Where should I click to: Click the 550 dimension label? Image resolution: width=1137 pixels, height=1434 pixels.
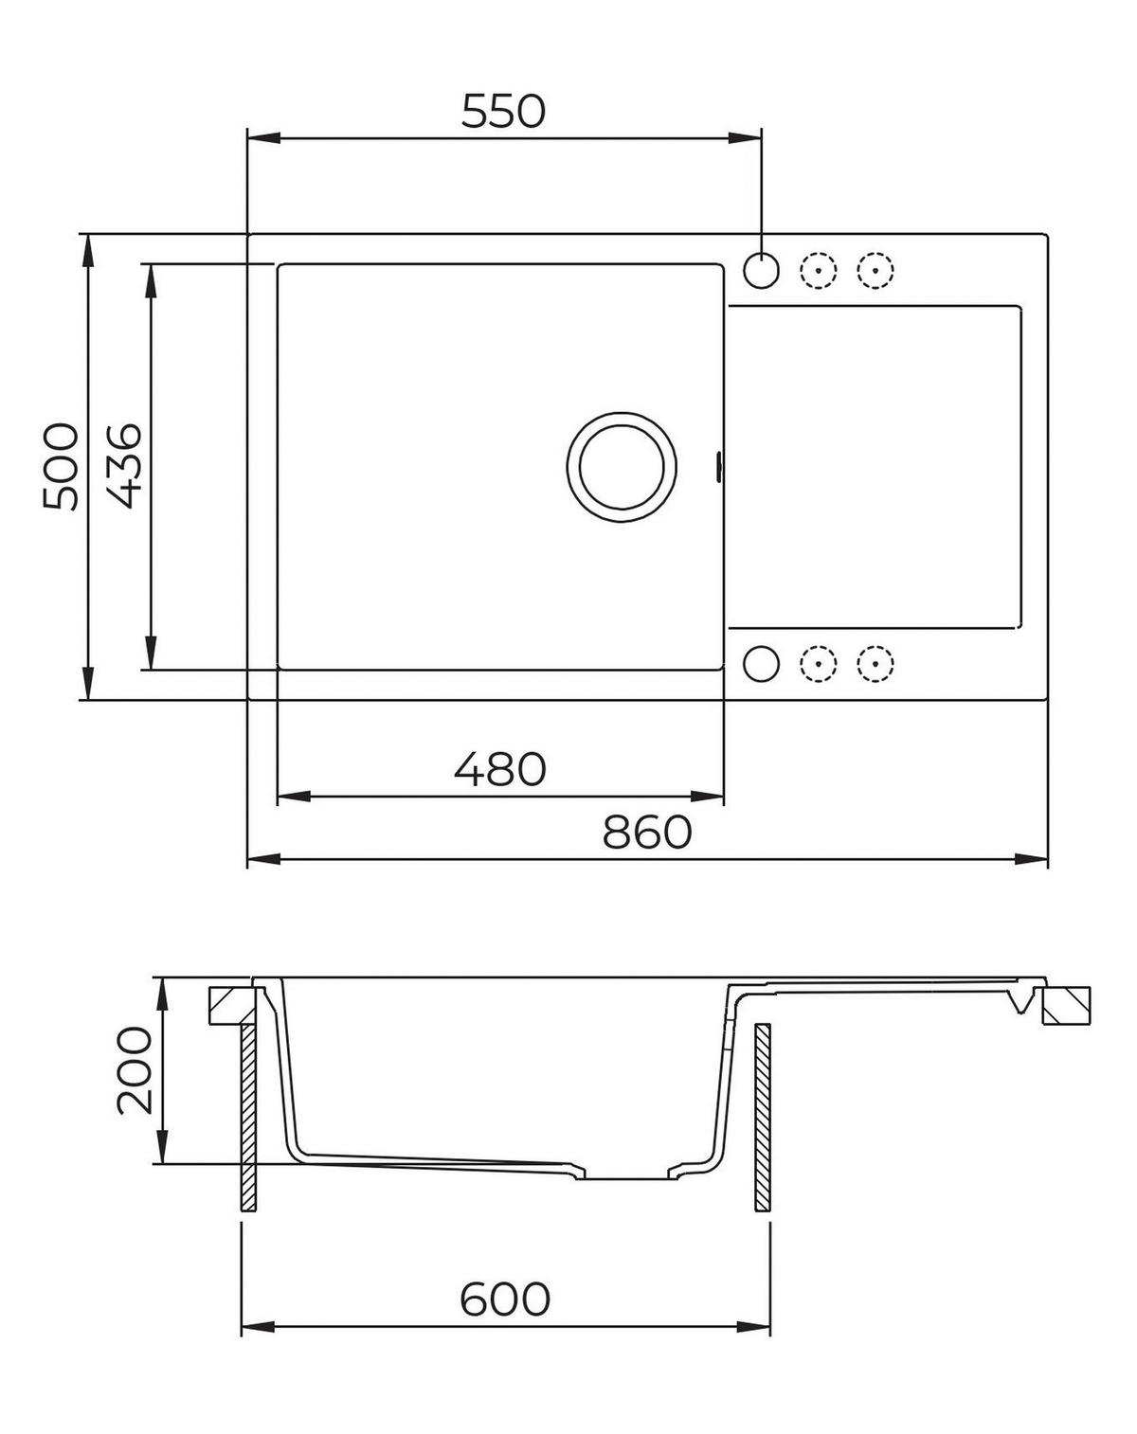503,111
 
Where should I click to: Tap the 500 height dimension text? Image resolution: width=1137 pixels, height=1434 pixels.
61,466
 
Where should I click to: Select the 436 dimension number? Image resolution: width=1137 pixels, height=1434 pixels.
124,466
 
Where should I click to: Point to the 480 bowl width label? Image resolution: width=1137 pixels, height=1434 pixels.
500,769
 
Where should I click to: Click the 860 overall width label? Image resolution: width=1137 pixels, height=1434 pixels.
647,833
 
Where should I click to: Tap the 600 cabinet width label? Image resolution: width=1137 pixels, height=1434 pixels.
505,1299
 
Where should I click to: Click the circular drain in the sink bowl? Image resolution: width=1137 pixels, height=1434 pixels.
622,466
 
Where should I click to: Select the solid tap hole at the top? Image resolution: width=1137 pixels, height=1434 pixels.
761,270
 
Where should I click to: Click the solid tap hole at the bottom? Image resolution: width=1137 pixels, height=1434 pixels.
761,663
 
